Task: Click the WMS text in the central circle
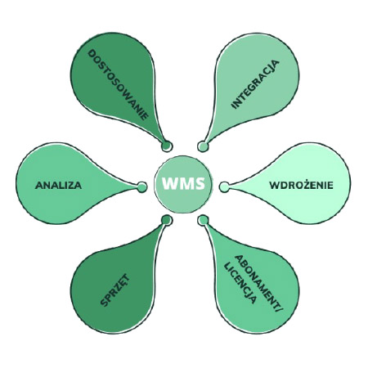184,185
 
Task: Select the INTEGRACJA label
255,83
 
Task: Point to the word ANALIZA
58,185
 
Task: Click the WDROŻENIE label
302,185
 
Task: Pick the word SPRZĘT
115,291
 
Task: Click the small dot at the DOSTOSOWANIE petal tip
166,146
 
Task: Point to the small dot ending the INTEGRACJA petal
203,146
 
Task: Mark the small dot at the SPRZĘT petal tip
166,221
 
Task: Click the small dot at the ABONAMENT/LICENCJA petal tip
203,221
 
